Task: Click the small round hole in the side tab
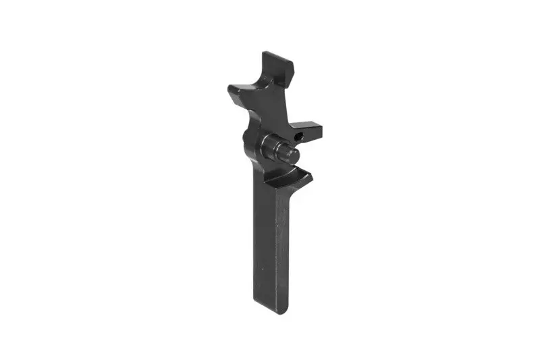[302, 136]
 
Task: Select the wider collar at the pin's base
[271, 145]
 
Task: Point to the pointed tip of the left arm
[230, 88]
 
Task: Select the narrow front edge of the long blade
[283, 250]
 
